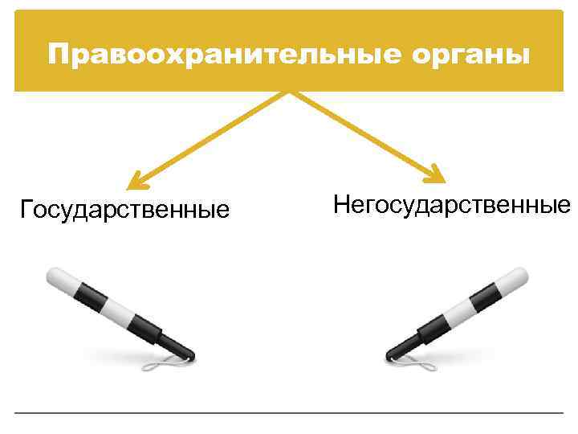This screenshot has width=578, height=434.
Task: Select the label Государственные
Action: tap(124, 210)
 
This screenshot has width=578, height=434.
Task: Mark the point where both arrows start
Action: tap(289, 92)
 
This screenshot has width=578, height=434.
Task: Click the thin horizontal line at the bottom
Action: tap(289, 412)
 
